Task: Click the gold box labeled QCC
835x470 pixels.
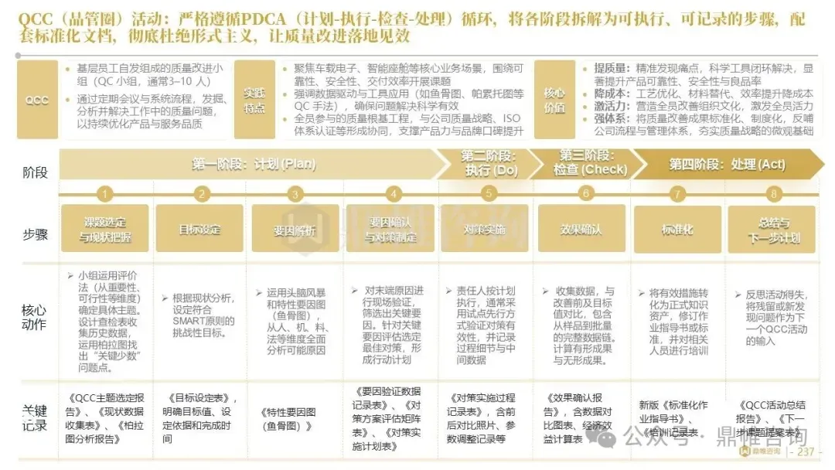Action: coord(36,100)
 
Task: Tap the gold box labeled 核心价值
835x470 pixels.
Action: coord(554,100)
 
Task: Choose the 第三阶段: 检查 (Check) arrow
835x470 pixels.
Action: coord(589,165)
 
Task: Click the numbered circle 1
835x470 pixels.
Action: coord(105,194)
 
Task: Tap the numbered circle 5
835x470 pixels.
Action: coord(487,194)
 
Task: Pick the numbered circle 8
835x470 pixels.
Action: coord(773,194)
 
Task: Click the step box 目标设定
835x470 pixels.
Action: coord(199,230)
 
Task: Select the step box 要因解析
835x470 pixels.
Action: coord(295,230)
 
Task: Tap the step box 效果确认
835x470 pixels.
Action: coord(581,230)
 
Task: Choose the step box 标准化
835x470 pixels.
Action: coord(677,230)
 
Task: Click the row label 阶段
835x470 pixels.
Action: coord(35,172)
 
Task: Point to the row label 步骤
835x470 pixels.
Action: coord(35,229)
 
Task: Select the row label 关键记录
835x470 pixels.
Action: coord(35,418)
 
